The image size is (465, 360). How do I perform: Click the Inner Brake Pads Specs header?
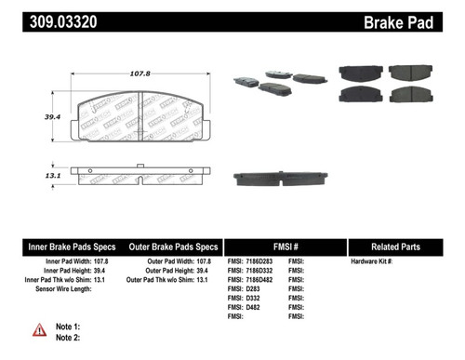click(69, 247)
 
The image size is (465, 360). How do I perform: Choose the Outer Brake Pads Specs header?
click(173, 247)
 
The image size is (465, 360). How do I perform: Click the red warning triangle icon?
click(40, 329)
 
